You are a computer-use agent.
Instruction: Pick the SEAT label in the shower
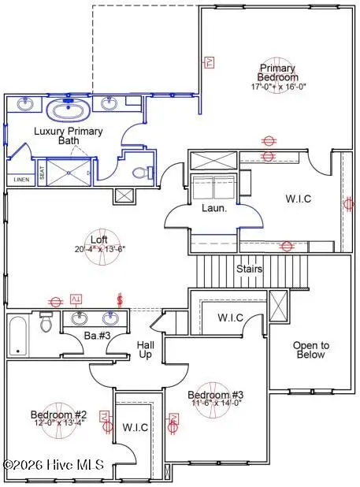(42, 173)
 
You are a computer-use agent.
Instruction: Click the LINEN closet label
(20, 180)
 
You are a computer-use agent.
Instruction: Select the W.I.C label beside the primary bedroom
(297, 199)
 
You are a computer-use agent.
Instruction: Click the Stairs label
(250, 269)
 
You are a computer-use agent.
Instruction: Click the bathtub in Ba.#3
(19, 334)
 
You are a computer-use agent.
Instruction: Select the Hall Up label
(146, 350)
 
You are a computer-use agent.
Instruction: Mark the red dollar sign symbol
(120, 299)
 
